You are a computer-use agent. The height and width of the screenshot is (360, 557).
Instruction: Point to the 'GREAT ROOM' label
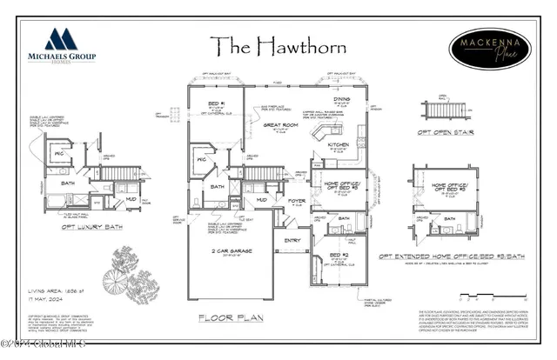click(x=274, y=125)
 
